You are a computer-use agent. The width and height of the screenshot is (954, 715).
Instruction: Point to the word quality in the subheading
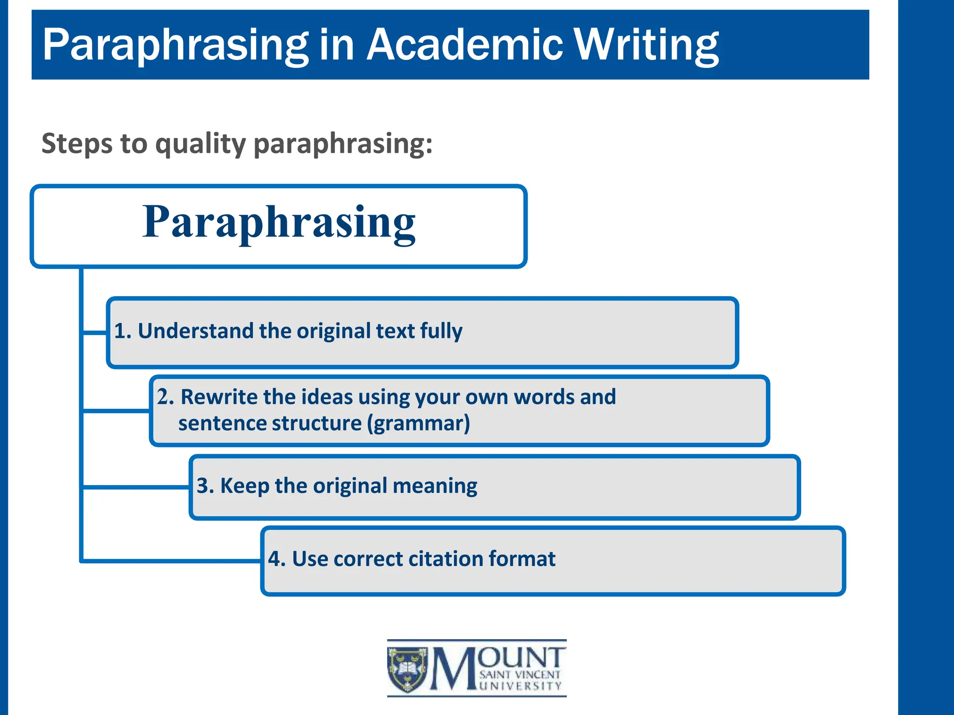(x=200, y=144)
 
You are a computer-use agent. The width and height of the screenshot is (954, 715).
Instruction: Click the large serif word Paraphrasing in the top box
(x=279, y=222)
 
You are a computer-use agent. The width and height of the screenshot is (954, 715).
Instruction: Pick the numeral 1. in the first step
(x=123, y=331)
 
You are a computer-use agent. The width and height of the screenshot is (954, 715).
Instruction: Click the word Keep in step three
(x=245, y=486)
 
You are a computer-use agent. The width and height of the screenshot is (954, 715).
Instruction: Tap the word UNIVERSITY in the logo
(x=520, y=686)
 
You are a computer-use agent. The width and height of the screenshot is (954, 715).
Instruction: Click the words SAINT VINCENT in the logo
(x=520, y=675)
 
